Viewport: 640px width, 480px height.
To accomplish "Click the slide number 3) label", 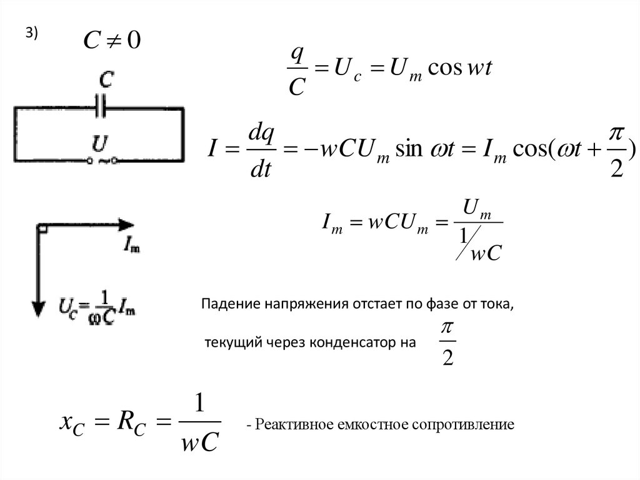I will pyautogui.click(x=31, y=35).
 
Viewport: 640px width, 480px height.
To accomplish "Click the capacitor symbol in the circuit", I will pyautogui.click(x=101, y=107).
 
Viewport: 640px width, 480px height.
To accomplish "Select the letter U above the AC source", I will pyautogui.click(x=98, y=144).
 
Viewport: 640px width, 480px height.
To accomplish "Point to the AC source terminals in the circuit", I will pyautogui.click(x=100, y=161).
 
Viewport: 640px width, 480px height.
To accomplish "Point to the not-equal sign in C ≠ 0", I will pyautogui.click(x=113, y=42).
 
